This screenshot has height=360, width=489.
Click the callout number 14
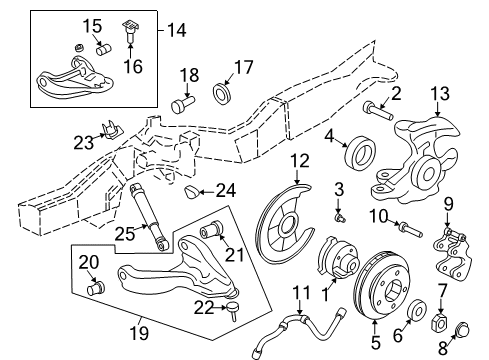[176, 31]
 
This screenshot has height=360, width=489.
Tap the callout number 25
[124, 233]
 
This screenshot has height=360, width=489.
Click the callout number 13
[441, 94]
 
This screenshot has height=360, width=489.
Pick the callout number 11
[297, 292]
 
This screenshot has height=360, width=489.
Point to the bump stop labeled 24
[196, 189]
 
